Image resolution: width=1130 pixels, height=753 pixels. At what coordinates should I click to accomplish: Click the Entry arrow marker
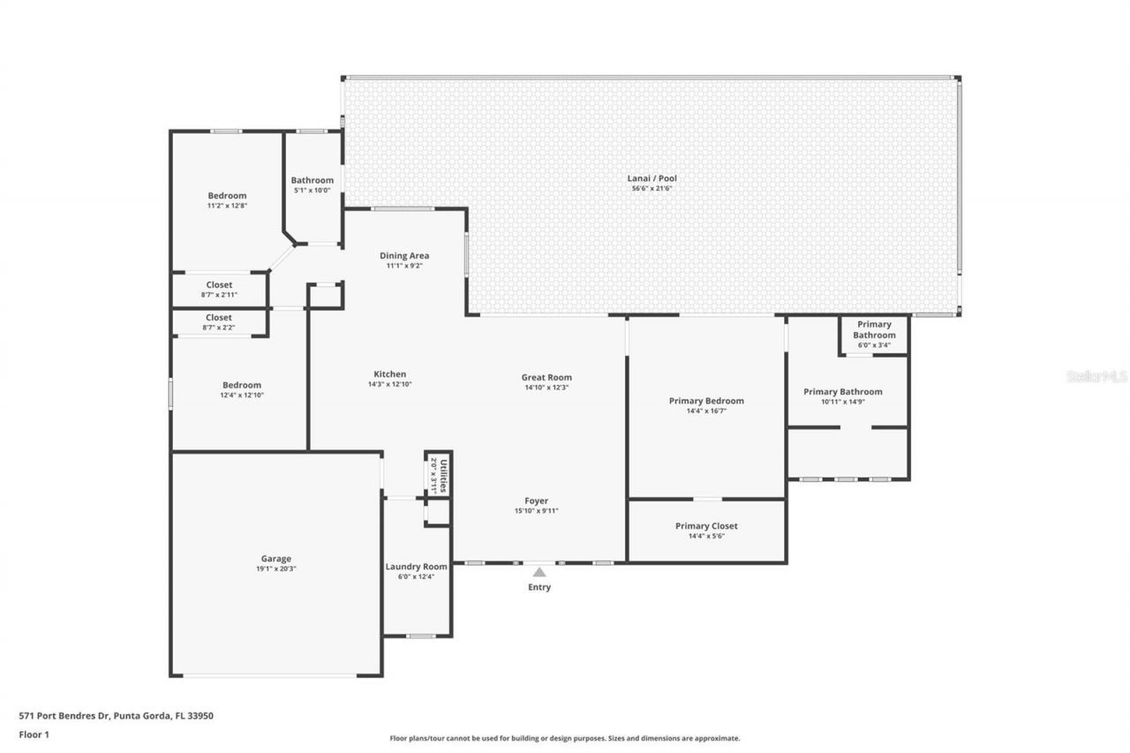pyautogui.click(x=539, y=572)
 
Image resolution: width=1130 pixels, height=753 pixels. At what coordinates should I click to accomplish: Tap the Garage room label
pyautogui.click(x=275, y=558)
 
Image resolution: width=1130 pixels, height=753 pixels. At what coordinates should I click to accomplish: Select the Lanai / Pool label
pyautogui.click(x=653, y=178)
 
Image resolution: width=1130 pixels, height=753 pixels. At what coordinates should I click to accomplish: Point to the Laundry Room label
pyautogui.click(x=416, y=567)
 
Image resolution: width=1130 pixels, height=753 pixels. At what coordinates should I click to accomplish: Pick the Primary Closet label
pyautogui.click(x=706, y=526)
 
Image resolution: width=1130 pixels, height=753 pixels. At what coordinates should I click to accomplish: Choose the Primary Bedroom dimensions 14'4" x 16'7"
pyautogui.click(x=706, y=410)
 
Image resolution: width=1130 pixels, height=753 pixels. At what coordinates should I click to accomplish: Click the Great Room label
pyautogui.click(x=546, y=377)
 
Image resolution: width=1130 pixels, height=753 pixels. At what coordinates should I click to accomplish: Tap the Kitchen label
pyautogui.click(x=389, y=373)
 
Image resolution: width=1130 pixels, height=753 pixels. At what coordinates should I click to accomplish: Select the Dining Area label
pyautogui.click(x=404, y=256)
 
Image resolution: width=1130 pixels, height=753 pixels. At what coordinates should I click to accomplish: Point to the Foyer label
pyautogui.click(x=537, y=501)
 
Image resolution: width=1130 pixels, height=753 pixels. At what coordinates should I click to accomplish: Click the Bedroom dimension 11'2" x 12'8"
pyautogui.click(x=227, y=206)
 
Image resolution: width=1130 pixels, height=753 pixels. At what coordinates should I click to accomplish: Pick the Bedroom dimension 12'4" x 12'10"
pyautogui.click(x=242, y=395)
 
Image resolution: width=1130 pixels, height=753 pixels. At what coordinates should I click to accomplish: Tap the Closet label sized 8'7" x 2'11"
pyautogui.click(x=219, y=285)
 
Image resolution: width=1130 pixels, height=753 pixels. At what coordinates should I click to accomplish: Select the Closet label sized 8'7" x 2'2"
pyautogui.click(x=219, y=317)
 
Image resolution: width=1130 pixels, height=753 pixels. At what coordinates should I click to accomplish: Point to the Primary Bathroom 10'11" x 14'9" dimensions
pyautogui.click(x=842, y=402)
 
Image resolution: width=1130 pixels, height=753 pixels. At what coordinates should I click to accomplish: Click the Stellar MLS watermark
pyautogui.click(x=1096, y=376)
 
